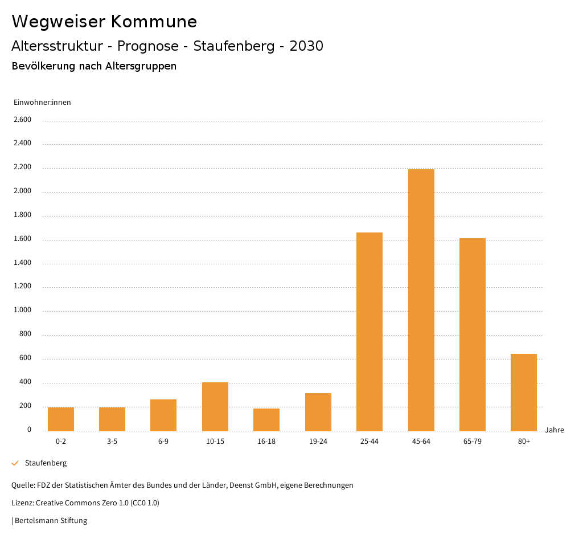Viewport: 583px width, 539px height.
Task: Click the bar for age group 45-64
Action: [421, 300]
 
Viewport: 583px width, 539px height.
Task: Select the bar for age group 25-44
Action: [369, 332]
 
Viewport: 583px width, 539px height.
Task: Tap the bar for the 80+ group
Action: [524, 392]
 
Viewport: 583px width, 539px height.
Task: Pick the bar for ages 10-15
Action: [215, 406]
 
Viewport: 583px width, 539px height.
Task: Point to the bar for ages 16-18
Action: [266, 419]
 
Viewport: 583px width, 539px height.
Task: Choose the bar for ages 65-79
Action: [473, 334]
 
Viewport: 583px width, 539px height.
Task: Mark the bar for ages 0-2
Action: [61, 419]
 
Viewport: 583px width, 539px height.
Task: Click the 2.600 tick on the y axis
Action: [22, 120]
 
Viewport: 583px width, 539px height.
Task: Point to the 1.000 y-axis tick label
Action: [22, 311]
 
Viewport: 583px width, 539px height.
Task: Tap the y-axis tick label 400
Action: [25, 382]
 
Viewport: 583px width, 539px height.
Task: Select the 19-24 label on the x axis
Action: [318, 442]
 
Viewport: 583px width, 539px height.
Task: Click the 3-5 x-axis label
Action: [112, 442]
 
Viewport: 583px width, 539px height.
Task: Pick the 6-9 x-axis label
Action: [163, 442]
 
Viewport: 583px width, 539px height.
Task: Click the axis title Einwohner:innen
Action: [43, 103]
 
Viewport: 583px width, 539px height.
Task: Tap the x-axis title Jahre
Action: [555, 430]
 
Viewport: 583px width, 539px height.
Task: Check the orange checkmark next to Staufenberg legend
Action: [15, 463]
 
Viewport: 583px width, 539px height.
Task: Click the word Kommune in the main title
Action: [154, 22]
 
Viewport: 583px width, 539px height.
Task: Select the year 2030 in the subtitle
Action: [306, 46]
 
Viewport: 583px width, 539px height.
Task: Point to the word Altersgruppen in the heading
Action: [141, 66]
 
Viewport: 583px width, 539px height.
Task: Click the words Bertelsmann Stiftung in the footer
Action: [51, 520]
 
